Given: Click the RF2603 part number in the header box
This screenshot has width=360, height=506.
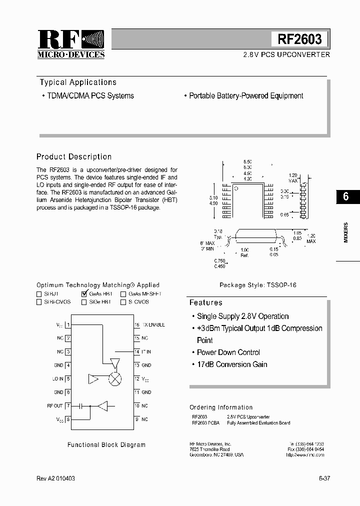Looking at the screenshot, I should coord(300,39).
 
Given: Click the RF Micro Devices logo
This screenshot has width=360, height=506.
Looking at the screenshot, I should coord(71,44).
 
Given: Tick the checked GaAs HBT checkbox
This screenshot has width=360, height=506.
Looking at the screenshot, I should coord(84,294).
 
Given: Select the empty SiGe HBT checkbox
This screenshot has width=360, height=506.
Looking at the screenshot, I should coord(84,302).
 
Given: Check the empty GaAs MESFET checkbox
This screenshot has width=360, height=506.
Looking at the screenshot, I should coord(123,294).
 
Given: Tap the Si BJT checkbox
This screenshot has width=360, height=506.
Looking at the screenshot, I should coord(39,294).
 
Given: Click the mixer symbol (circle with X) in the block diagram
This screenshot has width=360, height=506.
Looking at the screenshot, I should coord(115,379).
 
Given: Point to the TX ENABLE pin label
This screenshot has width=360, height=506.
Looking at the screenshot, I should coord(153,325).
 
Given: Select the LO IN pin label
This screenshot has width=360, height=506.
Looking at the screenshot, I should coord(57,379).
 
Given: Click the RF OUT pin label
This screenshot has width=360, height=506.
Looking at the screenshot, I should coord(55,406).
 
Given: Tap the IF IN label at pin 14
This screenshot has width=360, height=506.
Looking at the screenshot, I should coord(146,352).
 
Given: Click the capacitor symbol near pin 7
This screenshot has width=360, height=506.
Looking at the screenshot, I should coord(80,406).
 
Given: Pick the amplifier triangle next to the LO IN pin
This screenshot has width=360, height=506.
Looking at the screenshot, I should coord(93,379).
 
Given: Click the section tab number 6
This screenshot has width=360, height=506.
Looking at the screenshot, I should coord(346,196).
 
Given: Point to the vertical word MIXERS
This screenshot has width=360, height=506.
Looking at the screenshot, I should coord(346,232).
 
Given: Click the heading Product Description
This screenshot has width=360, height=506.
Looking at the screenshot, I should coord(74,157).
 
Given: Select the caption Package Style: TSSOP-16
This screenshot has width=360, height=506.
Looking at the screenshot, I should coord(258,285).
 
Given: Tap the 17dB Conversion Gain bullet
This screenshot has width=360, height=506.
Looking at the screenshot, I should coord(231,364).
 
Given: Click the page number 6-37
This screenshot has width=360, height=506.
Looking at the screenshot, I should coord(324,478).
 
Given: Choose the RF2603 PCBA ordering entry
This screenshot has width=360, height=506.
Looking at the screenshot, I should coord(205,423).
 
